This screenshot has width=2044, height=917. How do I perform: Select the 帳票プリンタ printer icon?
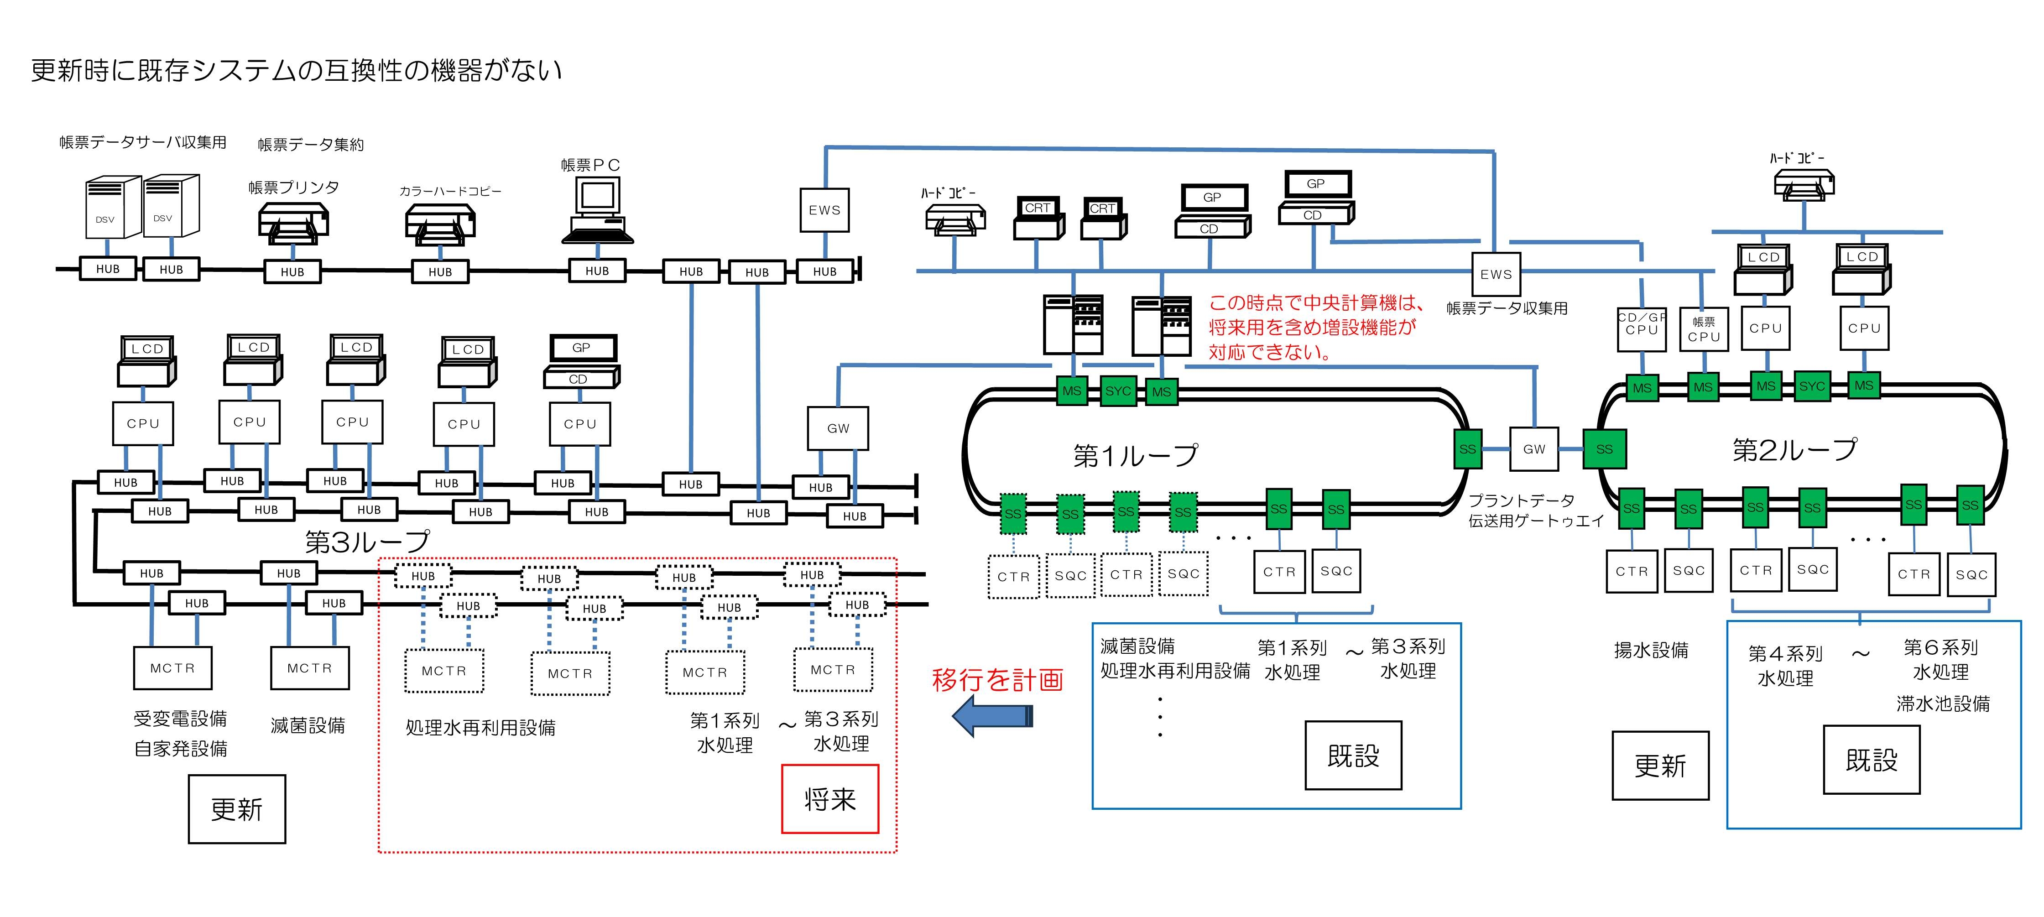pos(293,224)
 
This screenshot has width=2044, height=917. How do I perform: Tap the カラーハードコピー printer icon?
pos(439,224)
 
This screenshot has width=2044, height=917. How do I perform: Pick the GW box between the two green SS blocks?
pos(1534,449)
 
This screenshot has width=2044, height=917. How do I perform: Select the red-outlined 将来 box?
pos(830,799)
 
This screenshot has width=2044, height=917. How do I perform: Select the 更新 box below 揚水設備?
pos(1660,766)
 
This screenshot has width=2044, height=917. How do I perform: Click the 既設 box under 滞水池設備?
pos(1871,760)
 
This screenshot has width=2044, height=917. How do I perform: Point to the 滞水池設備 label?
pos(1942,703)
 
